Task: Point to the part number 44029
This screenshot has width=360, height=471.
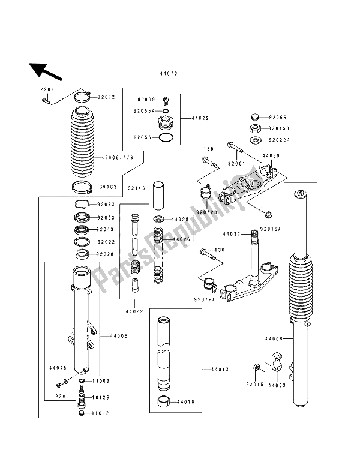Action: coord(200,119)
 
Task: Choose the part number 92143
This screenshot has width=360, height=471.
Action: coord(136,188)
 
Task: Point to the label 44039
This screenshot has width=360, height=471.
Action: coord(271,155)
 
